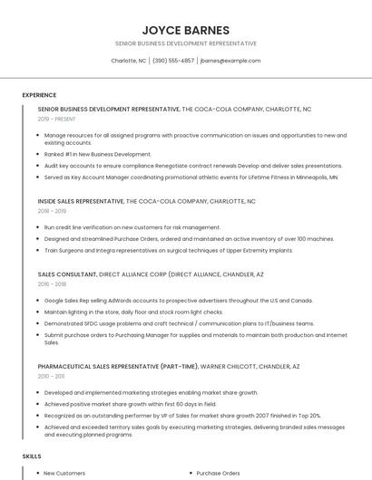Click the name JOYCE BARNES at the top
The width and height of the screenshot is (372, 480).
(x=185, y=29)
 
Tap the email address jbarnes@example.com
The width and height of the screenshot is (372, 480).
(x=230, y=61)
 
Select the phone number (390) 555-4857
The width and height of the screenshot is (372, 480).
(x=173, y=61)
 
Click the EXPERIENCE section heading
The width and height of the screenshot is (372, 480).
(x=39, y=94)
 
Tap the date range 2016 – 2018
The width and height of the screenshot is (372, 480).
(x=51, y=283)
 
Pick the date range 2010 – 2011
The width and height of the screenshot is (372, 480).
(x=51, y=376)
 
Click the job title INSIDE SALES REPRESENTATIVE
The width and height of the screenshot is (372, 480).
(x=80, y=201)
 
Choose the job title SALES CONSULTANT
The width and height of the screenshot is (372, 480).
(x=66, y=273)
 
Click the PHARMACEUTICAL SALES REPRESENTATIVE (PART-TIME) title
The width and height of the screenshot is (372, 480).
(x=112, y=366)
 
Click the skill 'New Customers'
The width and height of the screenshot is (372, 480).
(x=64, y=473)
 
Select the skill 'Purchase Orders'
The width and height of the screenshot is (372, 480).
(x=219, y=473)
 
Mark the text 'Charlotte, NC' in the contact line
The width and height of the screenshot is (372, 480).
(x=128, y=61)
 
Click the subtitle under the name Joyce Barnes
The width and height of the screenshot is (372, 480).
(x=185, y=43)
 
